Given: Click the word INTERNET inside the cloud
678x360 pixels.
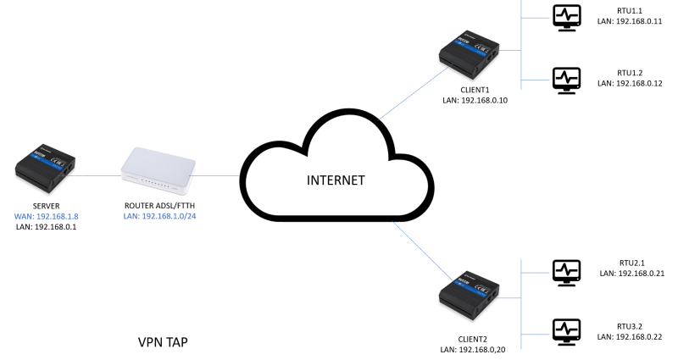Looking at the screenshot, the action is coord(336,180).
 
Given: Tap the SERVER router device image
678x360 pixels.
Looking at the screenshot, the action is coord(46,169).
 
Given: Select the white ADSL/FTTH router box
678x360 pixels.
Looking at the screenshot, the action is coord(158,172).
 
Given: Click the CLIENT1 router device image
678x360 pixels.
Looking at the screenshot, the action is coord(470,55).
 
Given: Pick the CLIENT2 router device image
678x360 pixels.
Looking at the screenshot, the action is coord(470,296).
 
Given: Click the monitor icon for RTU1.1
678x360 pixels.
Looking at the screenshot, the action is coord(567,18).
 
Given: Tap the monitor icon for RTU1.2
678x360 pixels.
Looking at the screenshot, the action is coord(567,80).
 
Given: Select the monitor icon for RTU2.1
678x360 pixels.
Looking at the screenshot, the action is coord(567,273).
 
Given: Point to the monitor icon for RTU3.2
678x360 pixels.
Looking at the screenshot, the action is coord(567,332).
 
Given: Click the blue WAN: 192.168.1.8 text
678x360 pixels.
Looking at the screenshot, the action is coord(47,217).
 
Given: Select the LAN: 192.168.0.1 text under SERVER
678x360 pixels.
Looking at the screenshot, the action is coord(47,227).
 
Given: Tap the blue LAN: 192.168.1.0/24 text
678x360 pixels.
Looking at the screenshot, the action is coord(159,216).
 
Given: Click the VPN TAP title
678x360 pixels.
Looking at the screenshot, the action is coord(163,342).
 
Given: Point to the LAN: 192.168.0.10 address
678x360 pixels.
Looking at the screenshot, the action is coord(475,100).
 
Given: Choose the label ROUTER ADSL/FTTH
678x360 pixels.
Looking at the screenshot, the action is coord(159,206).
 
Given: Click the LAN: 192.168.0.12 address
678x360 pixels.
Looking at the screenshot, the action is coord(630,83).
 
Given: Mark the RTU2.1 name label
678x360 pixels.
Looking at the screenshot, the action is coord(631,263).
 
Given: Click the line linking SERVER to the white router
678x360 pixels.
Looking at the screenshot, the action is coord(94,175).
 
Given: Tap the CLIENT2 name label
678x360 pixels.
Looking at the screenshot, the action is coord(473,340).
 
